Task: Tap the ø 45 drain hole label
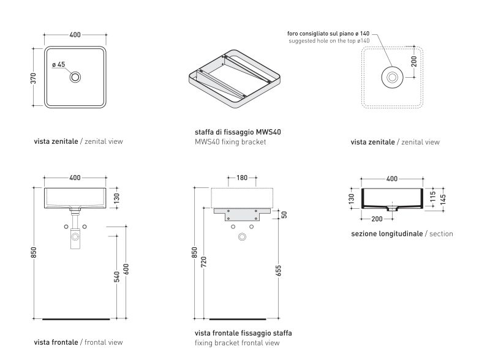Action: [x=59, y=64]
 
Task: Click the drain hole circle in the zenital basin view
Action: [x=75, y=77]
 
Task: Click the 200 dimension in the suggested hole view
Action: [x=415, y=62]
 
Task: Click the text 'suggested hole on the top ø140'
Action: [x=329, y=40]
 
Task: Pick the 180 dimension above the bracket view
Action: [x=242, y=178]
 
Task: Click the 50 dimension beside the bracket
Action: [x=284, y=214]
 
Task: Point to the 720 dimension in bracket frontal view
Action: [x=204, y=263]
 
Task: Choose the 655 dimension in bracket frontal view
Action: [x=279, y=270]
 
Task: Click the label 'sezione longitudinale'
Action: [x=386, y=234]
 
